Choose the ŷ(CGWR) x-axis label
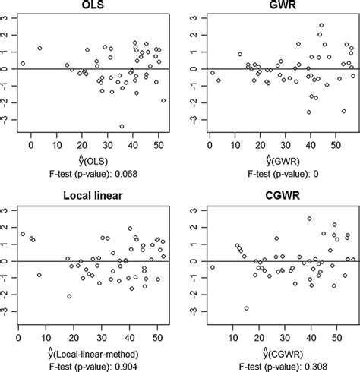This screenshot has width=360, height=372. tap(279, 351)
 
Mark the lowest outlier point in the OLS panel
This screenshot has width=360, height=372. tap(122, 127)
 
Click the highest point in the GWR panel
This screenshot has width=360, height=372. tap(321, 25)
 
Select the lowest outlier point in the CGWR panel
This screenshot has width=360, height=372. tap(246, 308)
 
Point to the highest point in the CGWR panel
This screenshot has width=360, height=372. tap(309, 219)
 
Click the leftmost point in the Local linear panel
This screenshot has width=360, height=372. tap(23, 235)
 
